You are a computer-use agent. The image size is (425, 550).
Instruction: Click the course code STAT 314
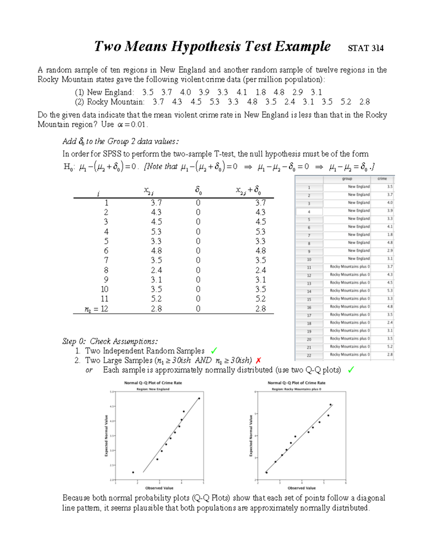click(365, 48)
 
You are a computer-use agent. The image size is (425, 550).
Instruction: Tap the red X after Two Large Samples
click(258, 361)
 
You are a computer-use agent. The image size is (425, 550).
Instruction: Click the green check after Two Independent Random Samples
click(214, 351)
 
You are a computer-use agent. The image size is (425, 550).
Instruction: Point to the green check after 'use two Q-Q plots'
click(351, 370)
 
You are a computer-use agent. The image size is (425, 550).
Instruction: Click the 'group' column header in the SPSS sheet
click(347, 179)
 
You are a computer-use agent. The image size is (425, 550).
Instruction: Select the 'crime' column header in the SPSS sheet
click(382, 179)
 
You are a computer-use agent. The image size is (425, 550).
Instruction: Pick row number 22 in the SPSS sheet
click(309, 356)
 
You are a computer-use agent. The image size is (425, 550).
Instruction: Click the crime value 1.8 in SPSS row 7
click(390, 234)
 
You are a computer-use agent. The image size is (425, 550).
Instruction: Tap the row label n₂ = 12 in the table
click(96, 309)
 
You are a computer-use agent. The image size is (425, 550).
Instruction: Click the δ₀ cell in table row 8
click(198, 270)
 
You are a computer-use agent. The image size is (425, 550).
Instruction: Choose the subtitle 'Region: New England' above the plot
click(153, 389)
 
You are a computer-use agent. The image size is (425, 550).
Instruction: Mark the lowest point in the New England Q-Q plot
click(133, 472)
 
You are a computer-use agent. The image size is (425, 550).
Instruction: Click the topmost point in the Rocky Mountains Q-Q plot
click(330, 404)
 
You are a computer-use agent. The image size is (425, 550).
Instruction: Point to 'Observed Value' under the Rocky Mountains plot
click(301, 488)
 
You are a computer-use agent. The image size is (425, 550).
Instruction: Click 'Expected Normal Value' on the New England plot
click(106, 436)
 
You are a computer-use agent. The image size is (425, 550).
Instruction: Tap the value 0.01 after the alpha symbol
click(138, 125)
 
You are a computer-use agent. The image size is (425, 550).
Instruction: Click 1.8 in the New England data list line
click(260, 92)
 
